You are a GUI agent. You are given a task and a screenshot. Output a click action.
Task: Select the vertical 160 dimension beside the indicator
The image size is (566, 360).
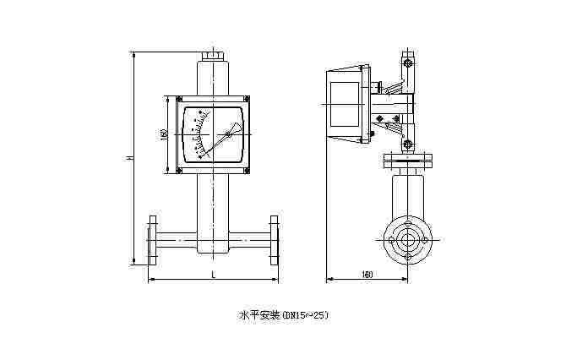point(163,134)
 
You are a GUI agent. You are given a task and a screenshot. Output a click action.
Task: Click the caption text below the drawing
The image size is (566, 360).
point(283,315)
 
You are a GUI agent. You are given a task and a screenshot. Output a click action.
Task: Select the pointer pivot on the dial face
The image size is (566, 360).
point(227,134)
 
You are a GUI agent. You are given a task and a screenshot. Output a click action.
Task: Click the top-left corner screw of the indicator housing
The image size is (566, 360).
point(178,100)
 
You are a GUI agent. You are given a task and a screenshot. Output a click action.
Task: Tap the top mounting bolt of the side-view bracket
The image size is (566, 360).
point(408,63)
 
